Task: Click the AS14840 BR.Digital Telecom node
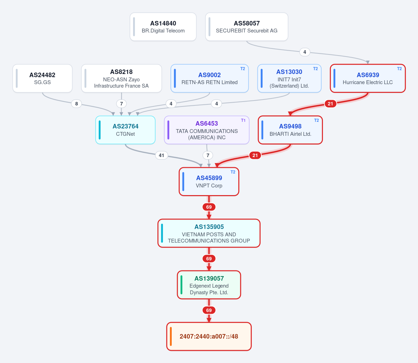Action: [x=163, y=27]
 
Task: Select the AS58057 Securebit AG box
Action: [x=247, y=27]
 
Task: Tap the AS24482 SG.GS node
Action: [x=42, y=79]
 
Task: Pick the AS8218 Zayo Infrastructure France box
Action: [x=121, y=79]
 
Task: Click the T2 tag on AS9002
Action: [x=242, y=69]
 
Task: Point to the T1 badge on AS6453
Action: [x=243, y=120]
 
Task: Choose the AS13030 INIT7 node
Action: [x=289, y=79]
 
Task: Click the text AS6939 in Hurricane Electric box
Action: [x=367, y=75]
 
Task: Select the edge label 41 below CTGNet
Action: [x=161, y=155]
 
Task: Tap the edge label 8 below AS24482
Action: [x=76, y=104]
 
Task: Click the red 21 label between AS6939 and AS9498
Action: [x=330, y=104]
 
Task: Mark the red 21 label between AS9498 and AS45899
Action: [x=255, y=155]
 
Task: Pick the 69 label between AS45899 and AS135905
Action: [x=209, y=207]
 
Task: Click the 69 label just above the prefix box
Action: [x=209, y=310]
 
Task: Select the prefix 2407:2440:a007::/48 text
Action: [x=209, y=336]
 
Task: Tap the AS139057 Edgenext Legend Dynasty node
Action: [x=209, y=285]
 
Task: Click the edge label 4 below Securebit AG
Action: [x=304, y=52]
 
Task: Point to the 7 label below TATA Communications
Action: [x=208, y=155]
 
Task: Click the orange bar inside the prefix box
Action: [x=171, y=336]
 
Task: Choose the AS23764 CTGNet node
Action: [x=125, y=130]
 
